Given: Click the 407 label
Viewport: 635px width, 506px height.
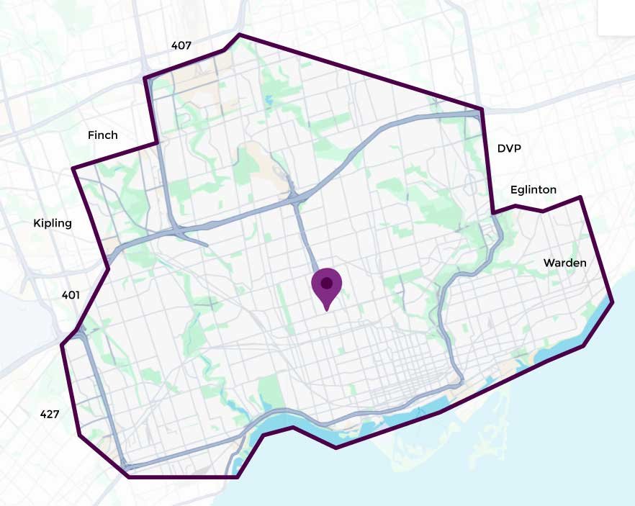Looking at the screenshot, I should pos(181,45).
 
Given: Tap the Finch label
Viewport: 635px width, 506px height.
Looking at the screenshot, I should pos(102,135).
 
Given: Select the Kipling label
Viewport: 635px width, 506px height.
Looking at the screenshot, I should pos(53,223).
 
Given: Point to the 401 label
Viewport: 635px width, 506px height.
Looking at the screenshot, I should pos(71,294).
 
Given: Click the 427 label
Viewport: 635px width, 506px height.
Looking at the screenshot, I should pos(50,414).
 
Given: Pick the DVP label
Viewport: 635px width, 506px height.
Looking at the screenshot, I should pos(509,148).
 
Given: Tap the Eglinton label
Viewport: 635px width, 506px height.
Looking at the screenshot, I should pos(533,190).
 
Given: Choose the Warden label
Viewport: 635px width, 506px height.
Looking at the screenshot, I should pos(564,263).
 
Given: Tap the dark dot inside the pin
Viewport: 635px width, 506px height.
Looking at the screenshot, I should pos(326,282).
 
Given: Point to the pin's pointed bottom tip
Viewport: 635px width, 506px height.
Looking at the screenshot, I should pos(327,310).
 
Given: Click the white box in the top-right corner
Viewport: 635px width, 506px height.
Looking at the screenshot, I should pos(616,18).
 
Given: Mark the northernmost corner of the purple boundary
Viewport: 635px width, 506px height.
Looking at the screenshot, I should pos(239,34).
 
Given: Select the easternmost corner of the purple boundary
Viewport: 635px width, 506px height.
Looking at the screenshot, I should pos(613,303).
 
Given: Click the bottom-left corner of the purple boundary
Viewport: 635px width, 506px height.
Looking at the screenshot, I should pos(129,476).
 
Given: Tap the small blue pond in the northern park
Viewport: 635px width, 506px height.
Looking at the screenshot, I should pos(269,99).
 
